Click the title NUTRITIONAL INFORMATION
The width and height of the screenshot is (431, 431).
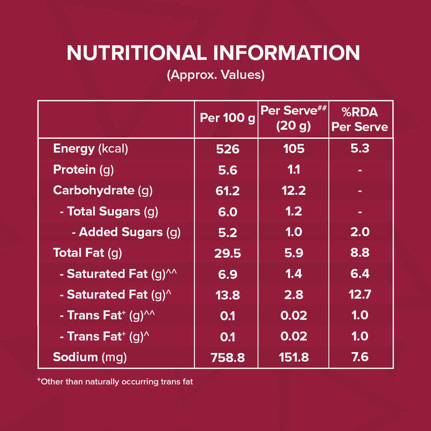[x=214, y=53]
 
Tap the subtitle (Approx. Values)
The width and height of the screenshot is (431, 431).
[x=215, y=75]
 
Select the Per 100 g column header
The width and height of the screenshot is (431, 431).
[x=227, y=118]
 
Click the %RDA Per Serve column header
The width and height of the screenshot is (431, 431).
[x=360, y=120]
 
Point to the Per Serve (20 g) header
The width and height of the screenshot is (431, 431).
[x=293, y=118]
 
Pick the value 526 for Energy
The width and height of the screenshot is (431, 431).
[x=227, y=149]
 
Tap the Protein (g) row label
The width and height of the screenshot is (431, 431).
[x=83, y=170]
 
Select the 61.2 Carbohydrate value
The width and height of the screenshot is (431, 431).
[x=227, y=191]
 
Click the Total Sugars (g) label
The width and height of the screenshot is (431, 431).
[x=109, y=211]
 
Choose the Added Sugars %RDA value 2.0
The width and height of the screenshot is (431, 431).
[x=360, y=232]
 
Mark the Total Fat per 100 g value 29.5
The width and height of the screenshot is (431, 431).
[x=227, y=253]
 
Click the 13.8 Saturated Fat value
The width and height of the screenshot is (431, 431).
[x=227, y=295]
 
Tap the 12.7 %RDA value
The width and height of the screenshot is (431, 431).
[x=360, y=295]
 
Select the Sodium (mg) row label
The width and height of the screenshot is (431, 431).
[x=90, y=357]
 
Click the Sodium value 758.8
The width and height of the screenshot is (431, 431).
[x=227, y=358]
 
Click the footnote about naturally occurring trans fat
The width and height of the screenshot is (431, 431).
[x=115, y=381]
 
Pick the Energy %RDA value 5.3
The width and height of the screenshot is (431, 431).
[x=360, y=149]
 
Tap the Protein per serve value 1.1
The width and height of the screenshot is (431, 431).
[x=293, y=170]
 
